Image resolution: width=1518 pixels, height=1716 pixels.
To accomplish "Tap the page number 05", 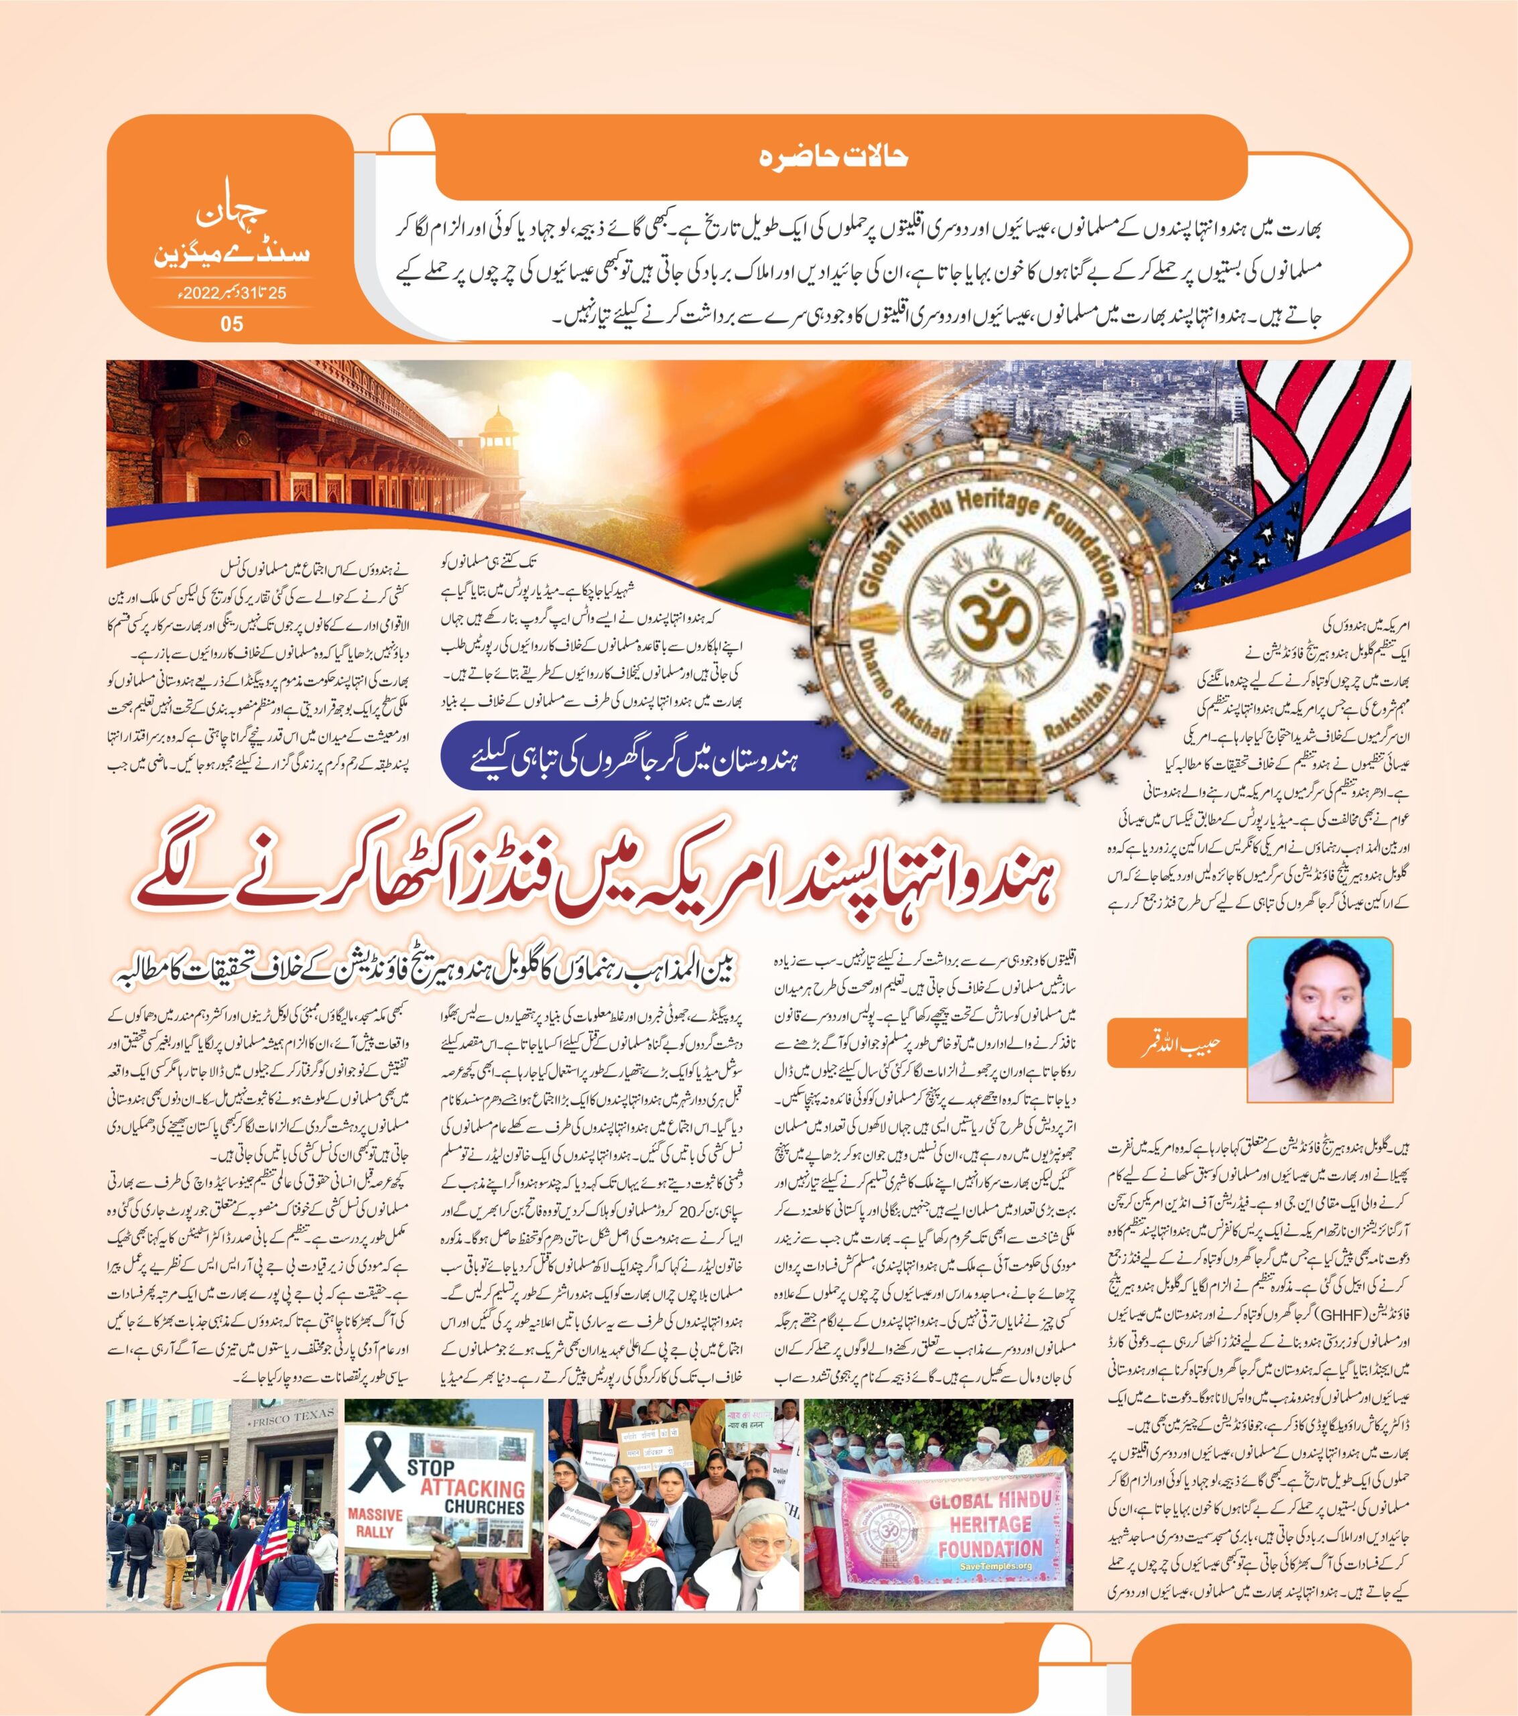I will coord(232,323).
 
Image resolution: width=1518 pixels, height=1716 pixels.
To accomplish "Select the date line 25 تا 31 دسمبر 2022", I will coord(231,295).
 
